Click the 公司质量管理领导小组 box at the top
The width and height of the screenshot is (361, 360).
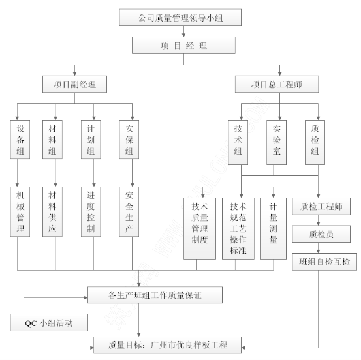point(180,18)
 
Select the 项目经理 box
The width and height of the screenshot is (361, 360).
point(183,45)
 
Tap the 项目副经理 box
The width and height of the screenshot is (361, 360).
point(74,84)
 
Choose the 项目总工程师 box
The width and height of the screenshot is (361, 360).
point(277,84)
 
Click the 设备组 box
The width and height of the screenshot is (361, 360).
point(20,140)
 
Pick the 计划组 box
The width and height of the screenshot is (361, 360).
point(91,140)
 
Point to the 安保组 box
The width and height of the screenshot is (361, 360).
point(129,140)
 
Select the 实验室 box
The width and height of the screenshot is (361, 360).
point(277,142)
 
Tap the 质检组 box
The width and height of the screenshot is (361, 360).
point(315,142)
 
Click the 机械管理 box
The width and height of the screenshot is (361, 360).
point(20,211)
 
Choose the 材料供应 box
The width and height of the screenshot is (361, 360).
point(52,211)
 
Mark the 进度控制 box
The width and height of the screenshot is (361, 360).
point(91,211)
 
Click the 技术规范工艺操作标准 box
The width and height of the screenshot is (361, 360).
point(238,228)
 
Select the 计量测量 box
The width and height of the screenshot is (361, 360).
point(274,228)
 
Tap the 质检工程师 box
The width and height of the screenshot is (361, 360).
point(321,206)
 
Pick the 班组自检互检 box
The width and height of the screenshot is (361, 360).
point(324,262)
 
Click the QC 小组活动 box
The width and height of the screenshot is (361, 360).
point(49,323)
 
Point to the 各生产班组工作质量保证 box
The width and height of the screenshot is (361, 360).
point(155,295)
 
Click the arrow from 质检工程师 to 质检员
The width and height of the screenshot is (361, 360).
point(318,220)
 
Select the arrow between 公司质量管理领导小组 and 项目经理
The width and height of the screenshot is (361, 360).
point(183,31)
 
